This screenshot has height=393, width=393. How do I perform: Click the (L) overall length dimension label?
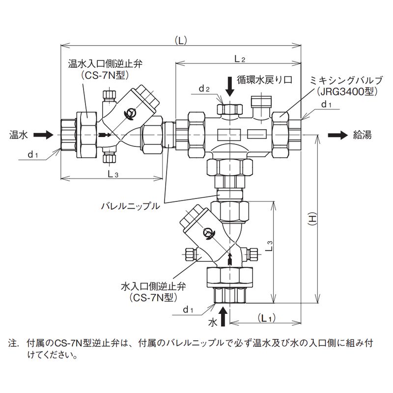click(181, 41)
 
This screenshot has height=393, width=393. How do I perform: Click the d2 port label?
click(204, 89)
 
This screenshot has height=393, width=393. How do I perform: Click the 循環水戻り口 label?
click(265, 79)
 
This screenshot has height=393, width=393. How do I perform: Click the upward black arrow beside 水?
click(224, 317)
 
